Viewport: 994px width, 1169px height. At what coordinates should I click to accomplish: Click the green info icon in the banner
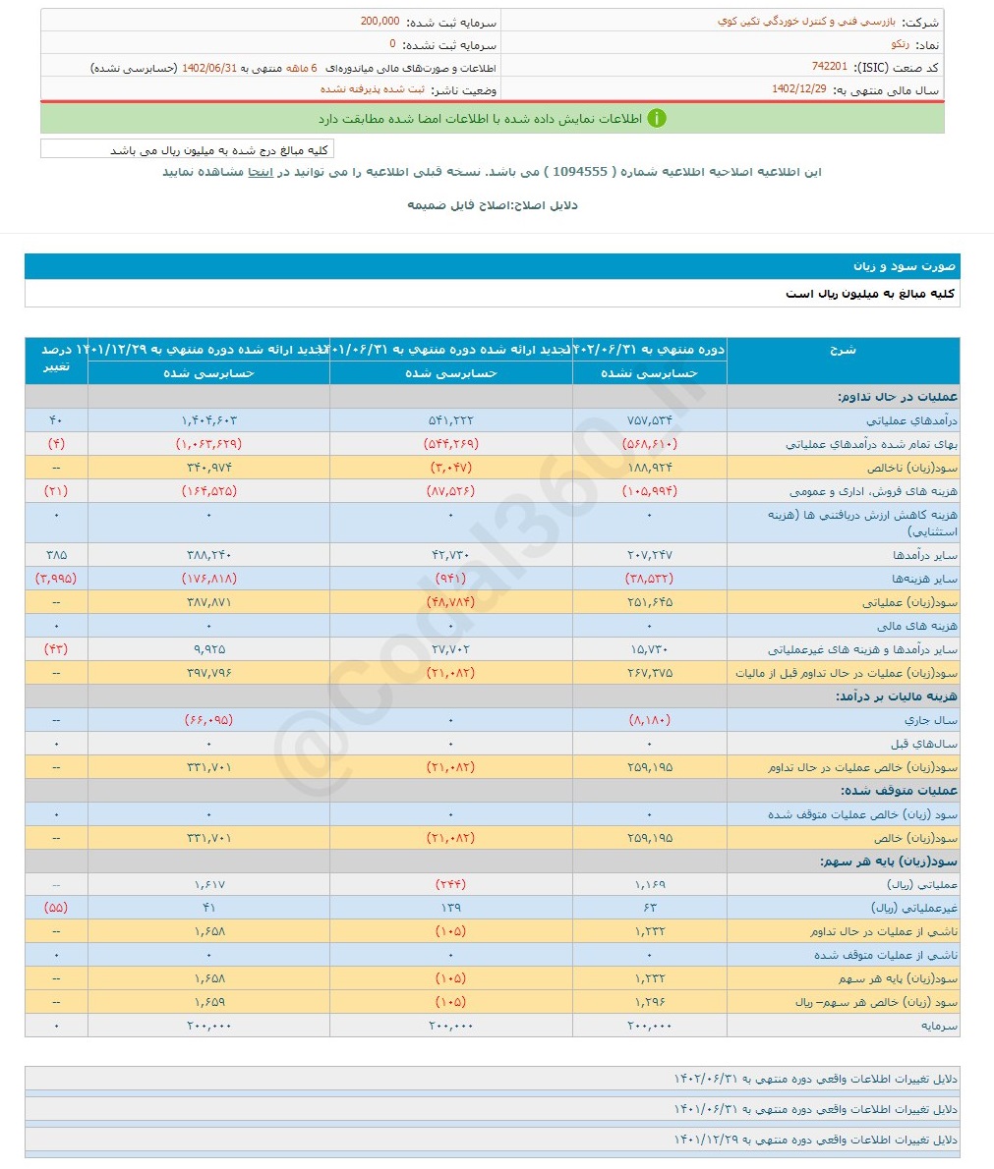tap(657, 118)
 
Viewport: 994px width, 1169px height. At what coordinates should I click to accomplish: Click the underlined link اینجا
tap(260, 172)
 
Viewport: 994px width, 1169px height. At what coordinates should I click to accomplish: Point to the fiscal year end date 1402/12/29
tap(799, 89)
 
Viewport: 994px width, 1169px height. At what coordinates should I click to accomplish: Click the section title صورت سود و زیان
tap(904, 266)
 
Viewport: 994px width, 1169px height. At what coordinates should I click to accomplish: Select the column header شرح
tap(843, 350)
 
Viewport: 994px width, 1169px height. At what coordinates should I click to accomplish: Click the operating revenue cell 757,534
tap(650, 420)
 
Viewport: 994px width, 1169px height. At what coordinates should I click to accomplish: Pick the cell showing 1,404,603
tap(208, 420)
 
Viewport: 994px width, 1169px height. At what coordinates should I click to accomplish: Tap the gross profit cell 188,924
tap(650, 468)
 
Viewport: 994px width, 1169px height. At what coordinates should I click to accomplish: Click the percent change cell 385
tap(56, 555)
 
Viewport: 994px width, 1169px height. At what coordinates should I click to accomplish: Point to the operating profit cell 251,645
tap(650, 602)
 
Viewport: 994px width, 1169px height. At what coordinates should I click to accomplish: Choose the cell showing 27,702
tap(450, 649)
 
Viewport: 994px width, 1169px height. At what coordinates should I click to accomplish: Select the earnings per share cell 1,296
tap(650, 1002)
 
